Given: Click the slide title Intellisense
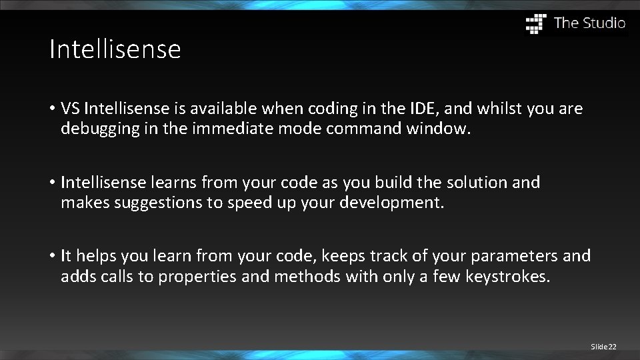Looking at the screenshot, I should point(115,49).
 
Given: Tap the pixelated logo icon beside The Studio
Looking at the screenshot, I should point(536,23).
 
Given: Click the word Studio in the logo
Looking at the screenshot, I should point(604,23).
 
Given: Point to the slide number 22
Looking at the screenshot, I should point(612,347).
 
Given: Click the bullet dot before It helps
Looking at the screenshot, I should point(51,256).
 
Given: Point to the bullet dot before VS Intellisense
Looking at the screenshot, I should point(51,109).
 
